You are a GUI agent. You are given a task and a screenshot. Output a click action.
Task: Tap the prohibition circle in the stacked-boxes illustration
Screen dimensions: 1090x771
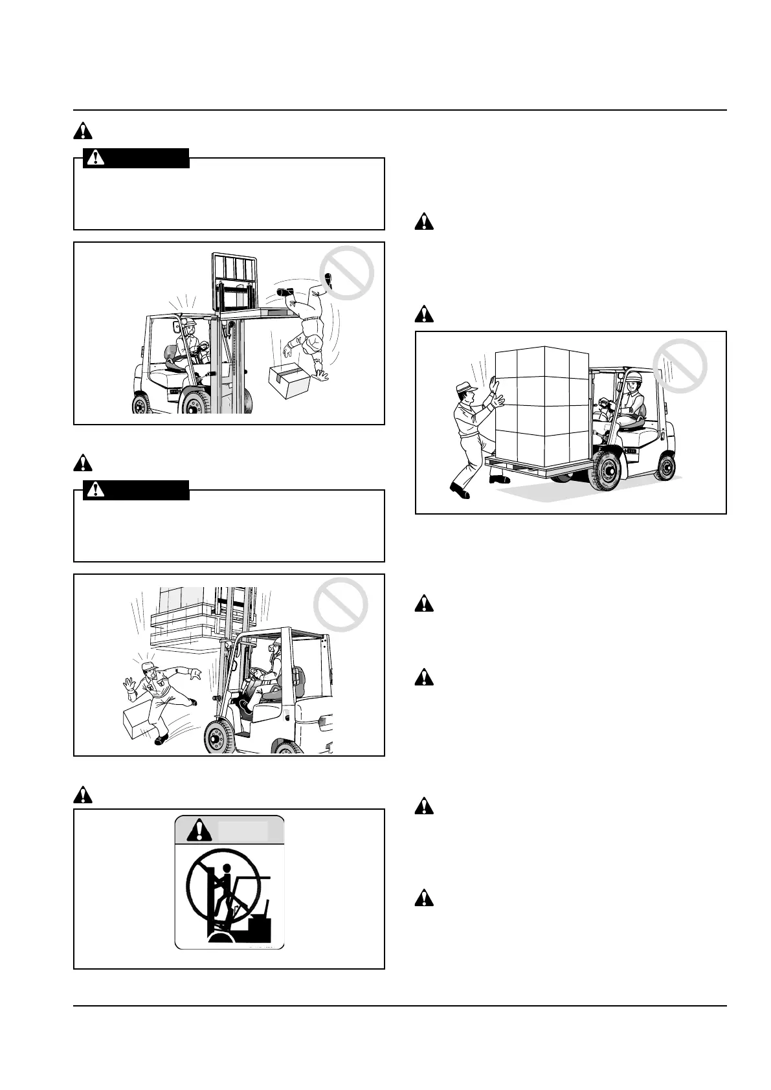[679, 367]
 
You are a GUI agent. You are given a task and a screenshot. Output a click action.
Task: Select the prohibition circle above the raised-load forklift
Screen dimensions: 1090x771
[341, 605]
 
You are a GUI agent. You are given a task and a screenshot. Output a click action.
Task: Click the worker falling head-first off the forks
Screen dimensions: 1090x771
[306, 330]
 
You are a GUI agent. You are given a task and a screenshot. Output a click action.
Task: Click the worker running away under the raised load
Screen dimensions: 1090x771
[160, 700]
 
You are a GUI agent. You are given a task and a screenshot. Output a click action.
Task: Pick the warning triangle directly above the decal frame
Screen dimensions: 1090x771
[83, 794]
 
